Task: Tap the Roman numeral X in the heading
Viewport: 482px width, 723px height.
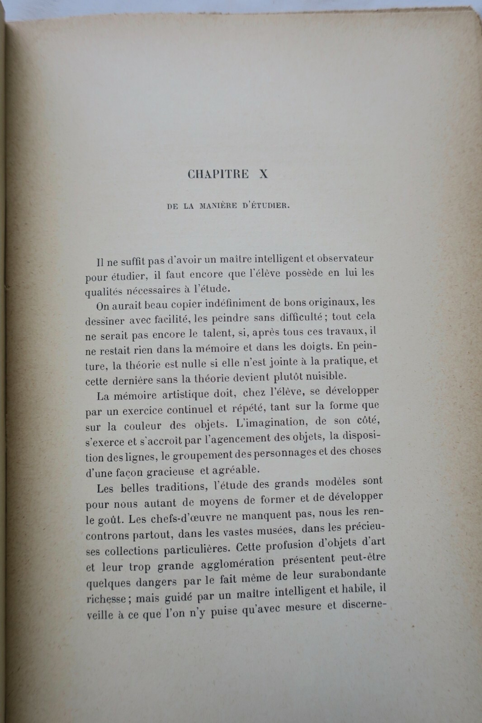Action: (x=263, y=174)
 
